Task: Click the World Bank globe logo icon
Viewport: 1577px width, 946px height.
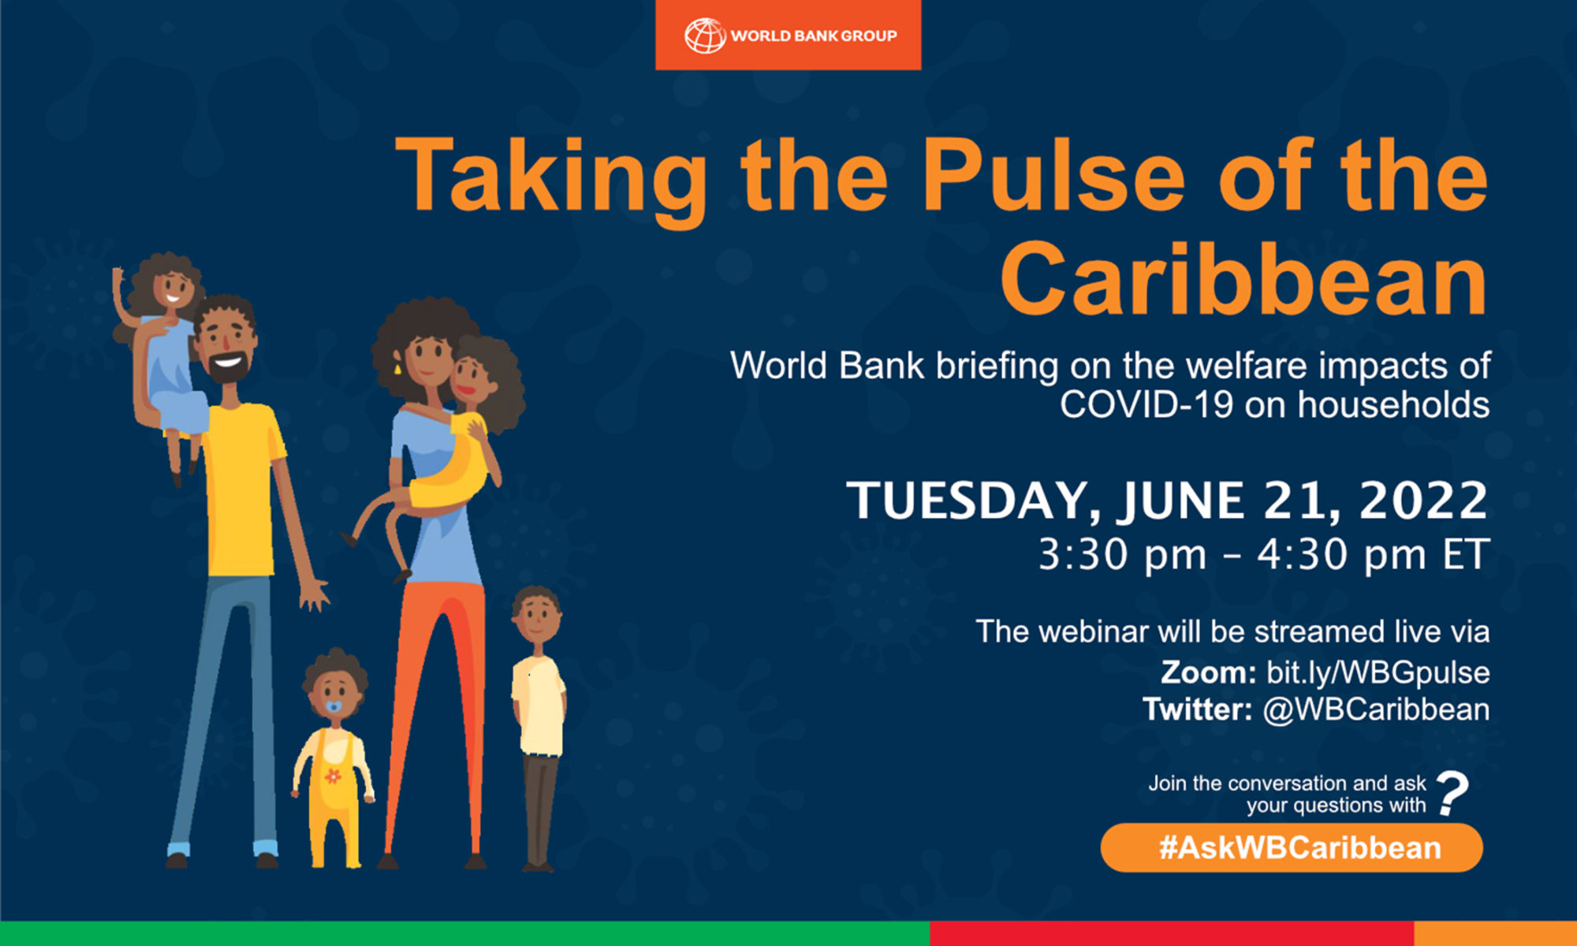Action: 704,35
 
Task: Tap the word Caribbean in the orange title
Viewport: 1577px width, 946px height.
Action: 1243,280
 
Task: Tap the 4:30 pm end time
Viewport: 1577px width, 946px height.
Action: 1340,555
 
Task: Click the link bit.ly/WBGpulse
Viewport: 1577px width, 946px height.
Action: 1378,672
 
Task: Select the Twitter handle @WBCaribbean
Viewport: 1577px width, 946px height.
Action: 1376,709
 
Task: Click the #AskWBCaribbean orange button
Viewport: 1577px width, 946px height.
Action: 1291,847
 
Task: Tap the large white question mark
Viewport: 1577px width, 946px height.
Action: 1452,792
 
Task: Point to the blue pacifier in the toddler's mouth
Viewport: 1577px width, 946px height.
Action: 334,706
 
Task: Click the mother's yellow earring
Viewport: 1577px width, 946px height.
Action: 397,369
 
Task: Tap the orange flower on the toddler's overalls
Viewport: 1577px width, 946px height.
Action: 333,777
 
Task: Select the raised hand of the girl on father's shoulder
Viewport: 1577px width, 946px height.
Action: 119,280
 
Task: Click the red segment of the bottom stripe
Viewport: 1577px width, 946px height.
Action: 1171,933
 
